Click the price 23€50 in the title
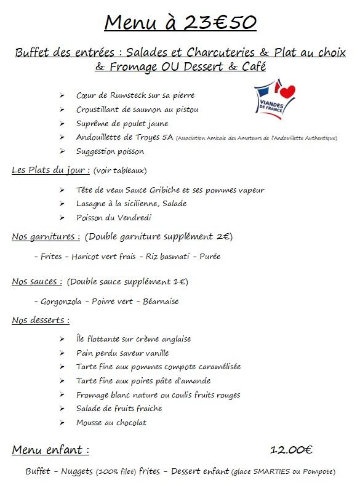click(x=218, y=23)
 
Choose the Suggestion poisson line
click(x=110, y=151)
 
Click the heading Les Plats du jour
click(x=51, y=170)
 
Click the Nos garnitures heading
click(x=46, y=236)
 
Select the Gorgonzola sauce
click(x=62, y=302)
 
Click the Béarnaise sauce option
click(x=161, y=302)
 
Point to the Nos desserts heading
click(x=41, y=320)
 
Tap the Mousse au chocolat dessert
click(x=111, y=423)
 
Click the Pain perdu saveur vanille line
click(x=122, y=353)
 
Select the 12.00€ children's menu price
click(x=292, y=450)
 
